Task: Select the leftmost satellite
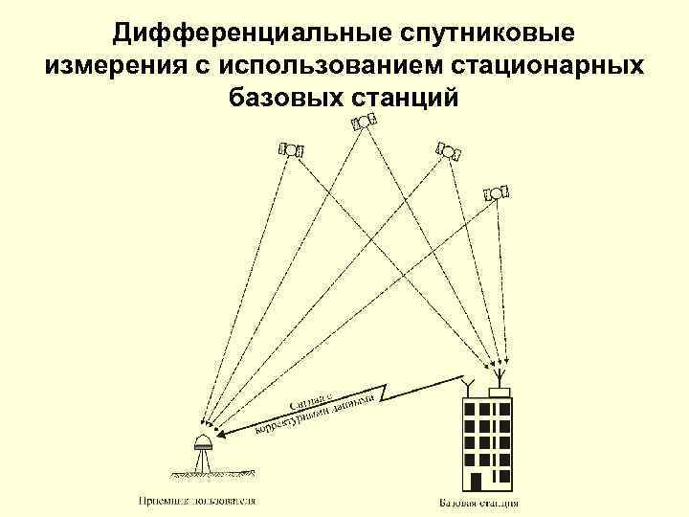[291, 149]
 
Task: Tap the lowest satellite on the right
[496, 192]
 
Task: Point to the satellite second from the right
[446, 150]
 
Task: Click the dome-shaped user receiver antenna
[203, 443]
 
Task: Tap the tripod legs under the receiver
[203, 461]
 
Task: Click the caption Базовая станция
[479, 502]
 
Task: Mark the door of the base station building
[476, 478]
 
